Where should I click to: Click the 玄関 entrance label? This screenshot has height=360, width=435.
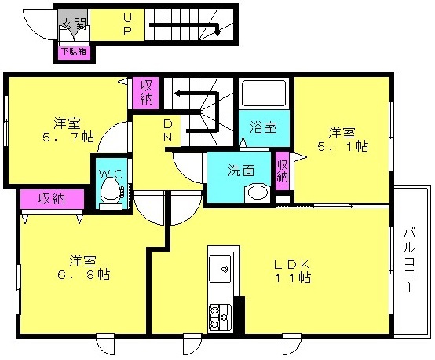coord(74,24)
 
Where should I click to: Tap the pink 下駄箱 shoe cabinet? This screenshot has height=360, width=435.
coord(74,53)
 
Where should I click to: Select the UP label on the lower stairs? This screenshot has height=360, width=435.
coord(126,24)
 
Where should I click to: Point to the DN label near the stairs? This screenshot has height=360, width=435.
coord(167,130)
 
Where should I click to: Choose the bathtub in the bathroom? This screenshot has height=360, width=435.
coord(264,93)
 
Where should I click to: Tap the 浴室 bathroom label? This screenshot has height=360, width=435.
coord(263,127)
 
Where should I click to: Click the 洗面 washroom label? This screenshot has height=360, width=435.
coord(241,171)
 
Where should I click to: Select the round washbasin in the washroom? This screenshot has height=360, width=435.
coord(258,193)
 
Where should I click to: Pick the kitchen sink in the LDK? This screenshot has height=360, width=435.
coord(221,269)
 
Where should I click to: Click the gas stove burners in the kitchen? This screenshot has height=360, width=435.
coord(220,318)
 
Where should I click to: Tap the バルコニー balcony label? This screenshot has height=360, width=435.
coord(409,260)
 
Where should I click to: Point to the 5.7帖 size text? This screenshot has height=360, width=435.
coord(68,138)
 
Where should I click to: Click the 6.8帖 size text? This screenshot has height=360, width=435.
coord(83,275)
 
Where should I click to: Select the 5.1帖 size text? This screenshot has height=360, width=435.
coord(342,146)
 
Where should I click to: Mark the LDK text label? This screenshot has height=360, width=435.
coord(292,265)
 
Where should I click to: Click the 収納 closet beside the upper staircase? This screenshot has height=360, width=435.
coord(146,93)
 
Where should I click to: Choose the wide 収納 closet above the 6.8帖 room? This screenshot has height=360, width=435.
coord(52,199)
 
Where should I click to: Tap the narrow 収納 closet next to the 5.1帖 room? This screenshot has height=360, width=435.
coord(282,171)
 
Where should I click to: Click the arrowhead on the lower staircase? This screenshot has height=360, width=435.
coord(217,33)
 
